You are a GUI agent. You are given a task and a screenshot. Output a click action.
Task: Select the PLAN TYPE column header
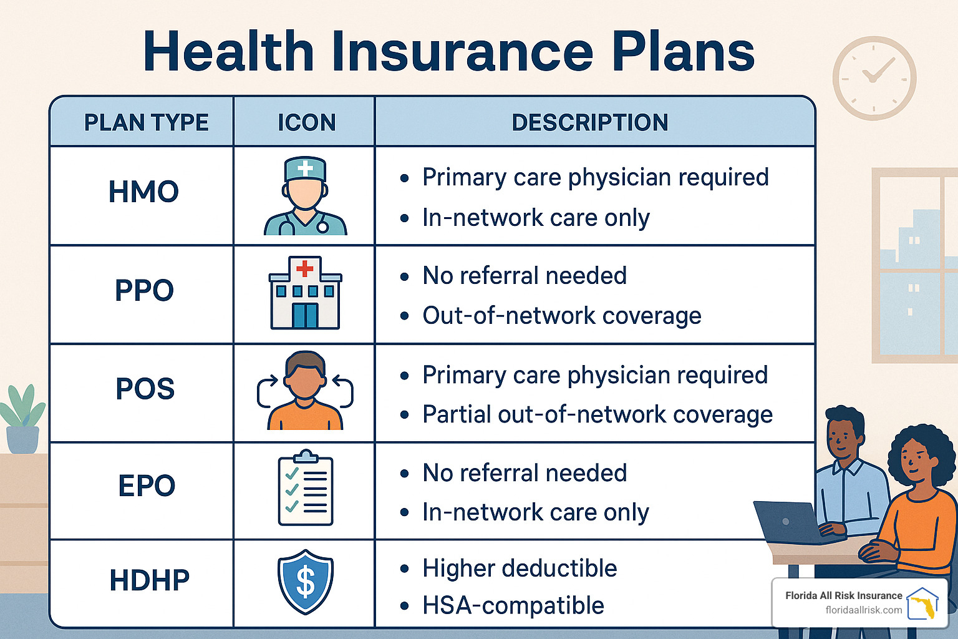click(146, 122)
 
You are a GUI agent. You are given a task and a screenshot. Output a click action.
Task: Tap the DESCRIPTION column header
click(590, 122)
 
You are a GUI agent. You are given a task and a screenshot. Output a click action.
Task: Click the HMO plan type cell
click(143, 192)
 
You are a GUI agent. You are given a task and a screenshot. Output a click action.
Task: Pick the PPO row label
click(144, 290)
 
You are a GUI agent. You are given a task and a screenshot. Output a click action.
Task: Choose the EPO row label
click(147, 485)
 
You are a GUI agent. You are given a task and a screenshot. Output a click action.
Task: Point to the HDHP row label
click(150, 580)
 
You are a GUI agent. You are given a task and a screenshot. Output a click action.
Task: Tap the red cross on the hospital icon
click(305, 268)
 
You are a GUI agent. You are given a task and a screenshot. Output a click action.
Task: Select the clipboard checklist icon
click(306, 488)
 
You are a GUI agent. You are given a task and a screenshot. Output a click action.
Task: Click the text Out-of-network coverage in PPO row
click(561, 316)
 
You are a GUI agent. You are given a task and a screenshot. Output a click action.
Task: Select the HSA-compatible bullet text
click(513, 605)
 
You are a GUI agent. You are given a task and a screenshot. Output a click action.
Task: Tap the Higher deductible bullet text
click(520, 568)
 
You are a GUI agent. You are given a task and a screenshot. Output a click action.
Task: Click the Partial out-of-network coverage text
click(598, 414)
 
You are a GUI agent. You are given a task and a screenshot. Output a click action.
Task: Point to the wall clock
click(874, 78)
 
